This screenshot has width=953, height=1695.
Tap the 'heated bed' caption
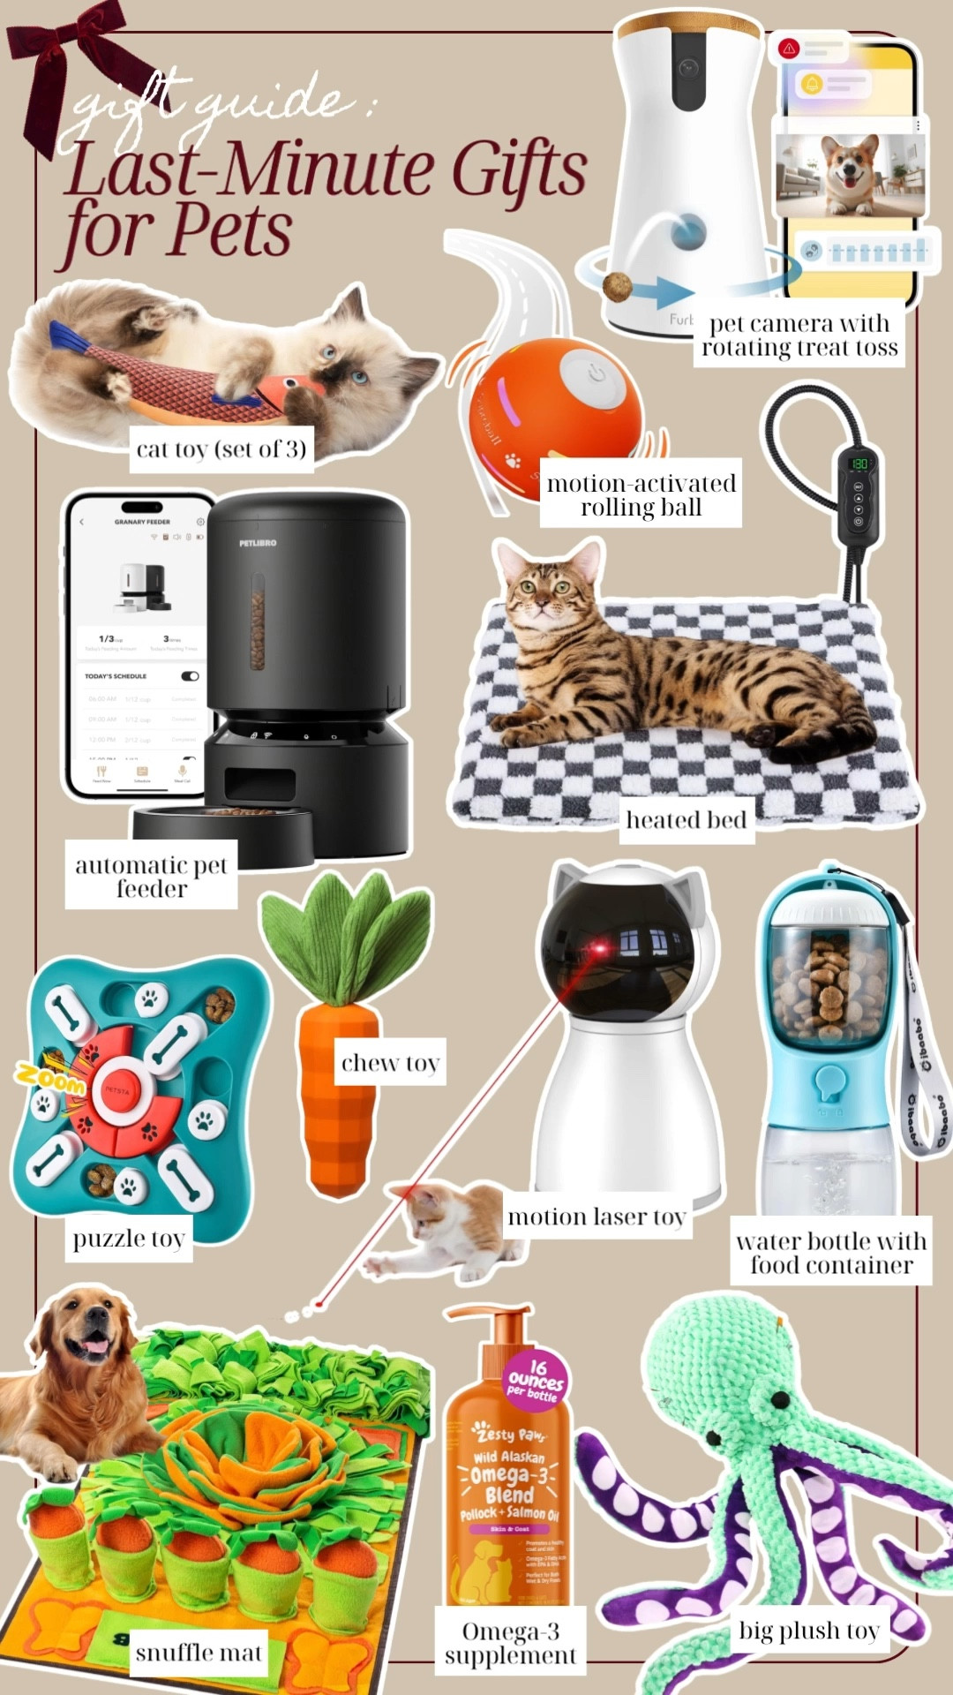click(x=686, y=820)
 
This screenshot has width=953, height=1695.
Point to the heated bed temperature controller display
click(x=858, y=463)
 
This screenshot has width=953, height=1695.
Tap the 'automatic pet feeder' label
click(x=151, y=877)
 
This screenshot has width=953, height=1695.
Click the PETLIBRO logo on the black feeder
click(x=258, y=543)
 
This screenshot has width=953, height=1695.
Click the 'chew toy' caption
click(x=390, y=1063)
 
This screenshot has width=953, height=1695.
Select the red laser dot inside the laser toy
click(x=600, y=950)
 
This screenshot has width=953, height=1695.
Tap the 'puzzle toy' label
click(x=129, y=1239)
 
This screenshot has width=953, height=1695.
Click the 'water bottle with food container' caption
click(x=831, y=1253)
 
